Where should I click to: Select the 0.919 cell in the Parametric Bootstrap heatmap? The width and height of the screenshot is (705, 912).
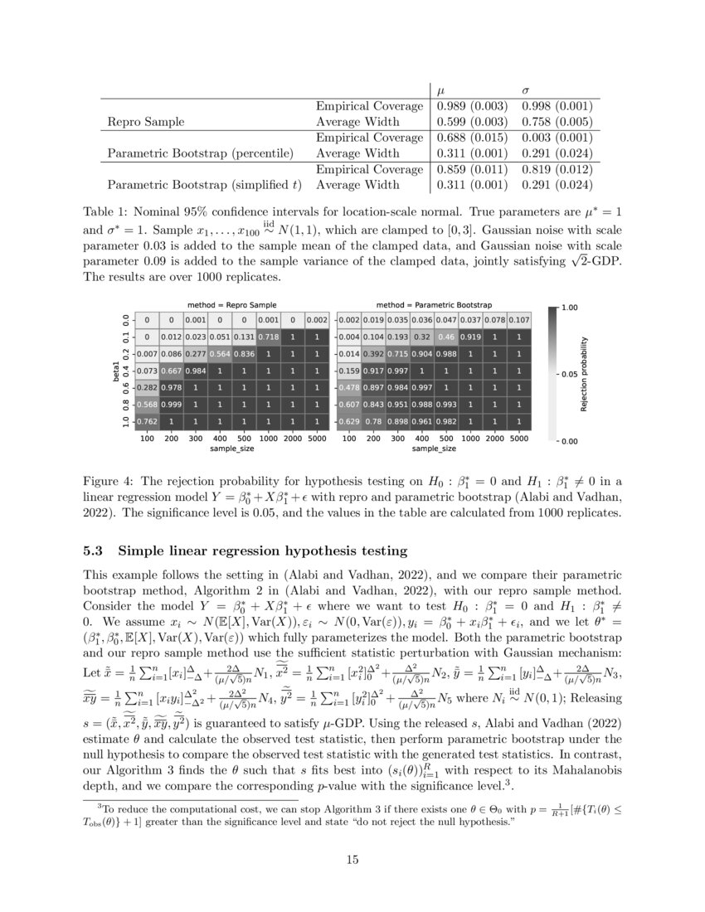pos(470,337)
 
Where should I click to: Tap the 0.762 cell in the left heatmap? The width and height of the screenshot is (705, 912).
pos(147,421)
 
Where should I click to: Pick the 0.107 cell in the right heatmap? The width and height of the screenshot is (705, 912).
pos(518,319)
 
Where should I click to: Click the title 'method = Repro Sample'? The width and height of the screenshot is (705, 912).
pos(231,305)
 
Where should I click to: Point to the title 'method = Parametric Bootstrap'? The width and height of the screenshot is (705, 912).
pos(433,305)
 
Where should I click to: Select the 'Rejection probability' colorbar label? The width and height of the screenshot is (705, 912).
pos(585,374)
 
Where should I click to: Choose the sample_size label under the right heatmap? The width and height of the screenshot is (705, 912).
pos(434,448)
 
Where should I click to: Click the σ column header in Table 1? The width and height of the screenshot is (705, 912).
pos(525,89)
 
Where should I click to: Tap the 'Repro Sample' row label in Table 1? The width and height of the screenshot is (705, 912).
pos(143,121)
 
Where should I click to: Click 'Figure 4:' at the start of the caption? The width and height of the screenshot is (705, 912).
pos(110,481)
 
